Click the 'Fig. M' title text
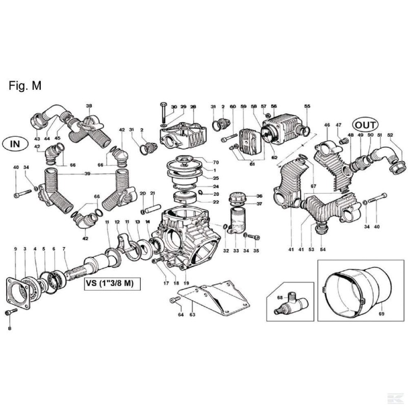tap(25, 86)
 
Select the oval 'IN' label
tap(15, 144)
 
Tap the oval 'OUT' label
tap(365, 125)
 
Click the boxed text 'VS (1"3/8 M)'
tap(112, 284)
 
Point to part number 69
tap(381, 314)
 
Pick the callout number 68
tap(280, 297)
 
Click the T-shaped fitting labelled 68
tap(291, 304)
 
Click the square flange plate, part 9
tap(18, 293)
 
